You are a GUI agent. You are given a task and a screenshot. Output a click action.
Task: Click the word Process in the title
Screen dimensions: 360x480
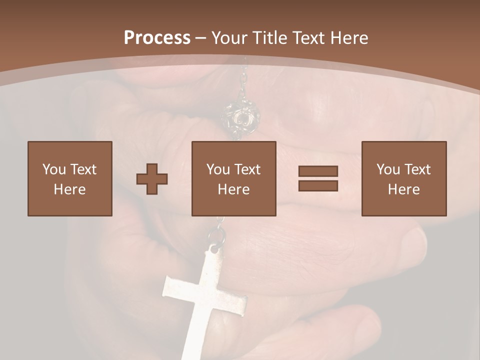[x=157, y=38]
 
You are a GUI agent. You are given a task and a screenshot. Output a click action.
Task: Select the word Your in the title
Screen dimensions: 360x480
[x=230, y=38]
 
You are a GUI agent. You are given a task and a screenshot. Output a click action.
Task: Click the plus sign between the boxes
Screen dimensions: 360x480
[x=152, y=179]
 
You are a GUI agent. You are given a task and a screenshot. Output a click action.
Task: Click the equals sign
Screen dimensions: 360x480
[x=318, y=178]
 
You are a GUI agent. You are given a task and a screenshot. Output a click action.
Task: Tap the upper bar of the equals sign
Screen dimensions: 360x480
[x=318, y=171]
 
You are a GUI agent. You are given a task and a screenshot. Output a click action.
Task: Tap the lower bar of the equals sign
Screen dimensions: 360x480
[x=318, y=185]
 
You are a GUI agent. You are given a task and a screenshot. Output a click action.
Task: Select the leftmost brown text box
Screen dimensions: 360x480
[x=70, y=178]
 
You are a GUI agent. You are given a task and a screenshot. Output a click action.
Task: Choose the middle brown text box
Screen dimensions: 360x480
[x=234, y=178]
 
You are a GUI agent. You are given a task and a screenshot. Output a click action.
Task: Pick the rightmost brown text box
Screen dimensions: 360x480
[x=404, y=178]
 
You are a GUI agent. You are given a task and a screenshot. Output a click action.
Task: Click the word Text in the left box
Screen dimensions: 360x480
[x=83, y=169]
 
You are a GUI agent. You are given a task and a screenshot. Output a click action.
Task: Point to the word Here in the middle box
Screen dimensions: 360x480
[x=234, y=189]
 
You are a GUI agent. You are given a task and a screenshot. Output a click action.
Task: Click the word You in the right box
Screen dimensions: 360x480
[x=388, y=169]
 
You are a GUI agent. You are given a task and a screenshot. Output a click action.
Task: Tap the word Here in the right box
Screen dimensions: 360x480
[x=404, y=189]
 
